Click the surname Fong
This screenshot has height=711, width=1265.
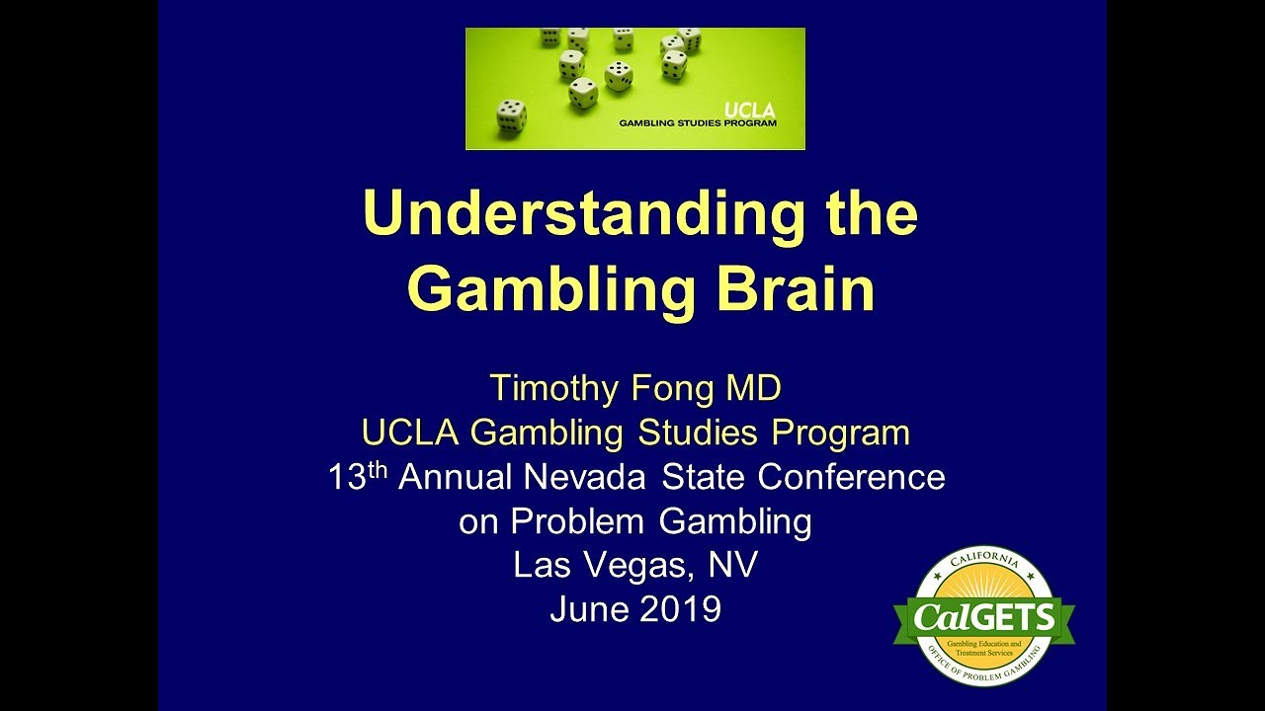coord(671,388)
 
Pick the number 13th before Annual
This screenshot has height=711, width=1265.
coord(359,476)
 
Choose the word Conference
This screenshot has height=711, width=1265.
coord(852,477)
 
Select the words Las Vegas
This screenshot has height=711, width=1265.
coord(599,566)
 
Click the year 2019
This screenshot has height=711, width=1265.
coord(680,609)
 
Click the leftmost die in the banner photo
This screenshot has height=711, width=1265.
coord(511,117)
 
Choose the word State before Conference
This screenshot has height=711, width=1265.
coord(704,477)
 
